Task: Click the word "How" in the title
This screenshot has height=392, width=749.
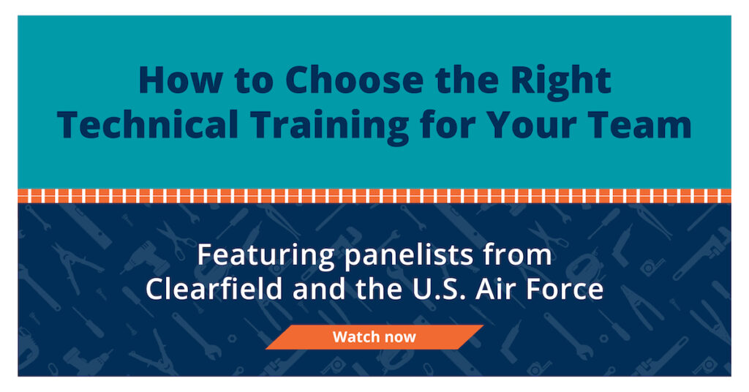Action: (181, 80)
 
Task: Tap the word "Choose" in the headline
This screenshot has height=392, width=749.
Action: (355, 80)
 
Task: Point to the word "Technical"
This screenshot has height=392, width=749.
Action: (148, 124)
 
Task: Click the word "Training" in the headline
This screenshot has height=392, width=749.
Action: (330, 127)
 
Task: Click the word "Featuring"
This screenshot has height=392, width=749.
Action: (266, 256)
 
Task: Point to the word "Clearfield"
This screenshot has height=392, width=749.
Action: (214, 288)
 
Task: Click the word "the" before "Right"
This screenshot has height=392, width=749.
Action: (467, 80)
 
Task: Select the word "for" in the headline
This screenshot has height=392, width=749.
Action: (448, 124)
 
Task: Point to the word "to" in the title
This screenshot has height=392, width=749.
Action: (254, 81)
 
